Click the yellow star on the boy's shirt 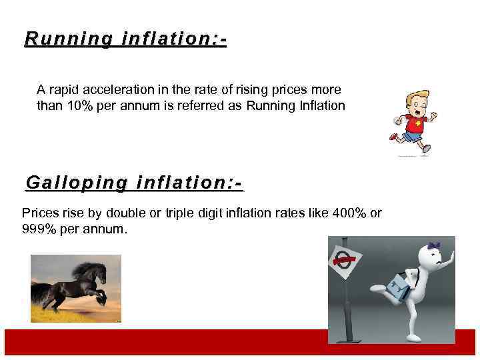[417, 123]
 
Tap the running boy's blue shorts [413, 137]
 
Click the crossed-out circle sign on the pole [345, 261]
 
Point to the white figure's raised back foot [378, 288]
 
